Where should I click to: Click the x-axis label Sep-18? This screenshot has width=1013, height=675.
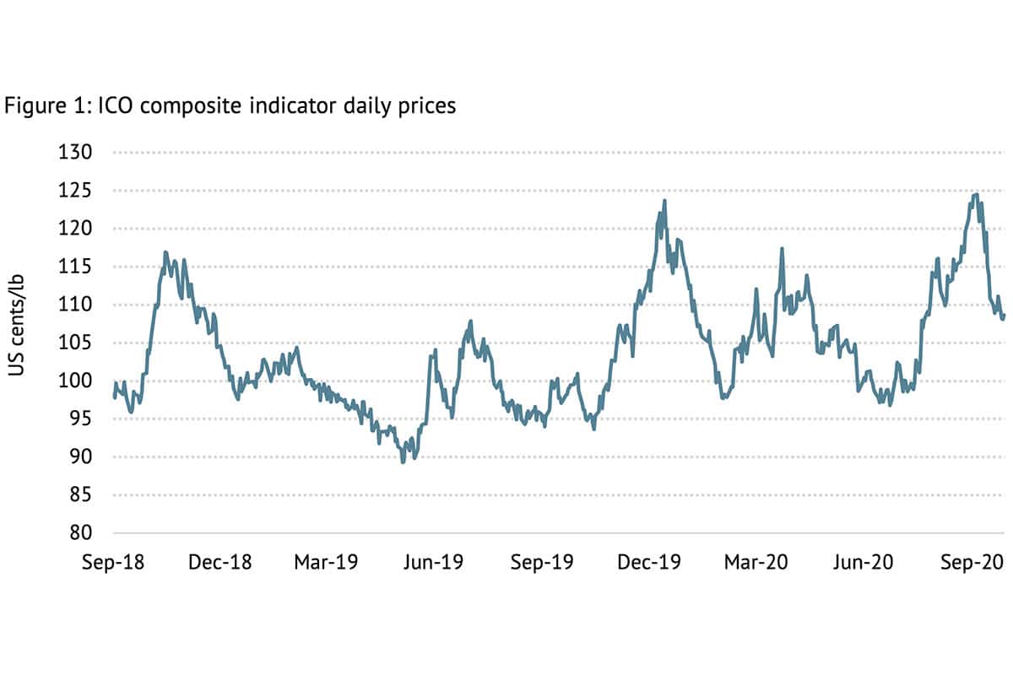tap(113, 562)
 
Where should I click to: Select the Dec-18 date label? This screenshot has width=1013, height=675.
tap(220, 562)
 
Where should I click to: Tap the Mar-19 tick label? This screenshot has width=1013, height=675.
tap(326, 562)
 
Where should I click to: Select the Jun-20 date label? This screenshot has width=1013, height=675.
tap(861, 562)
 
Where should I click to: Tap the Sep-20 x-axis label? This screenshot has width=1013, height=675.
tap(971, 562)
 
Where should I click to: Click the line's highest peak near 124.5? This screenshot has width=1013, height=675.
tap(976, 195)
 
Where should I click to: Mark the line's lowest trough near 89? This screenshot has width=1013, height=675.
tap(403, 462)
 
